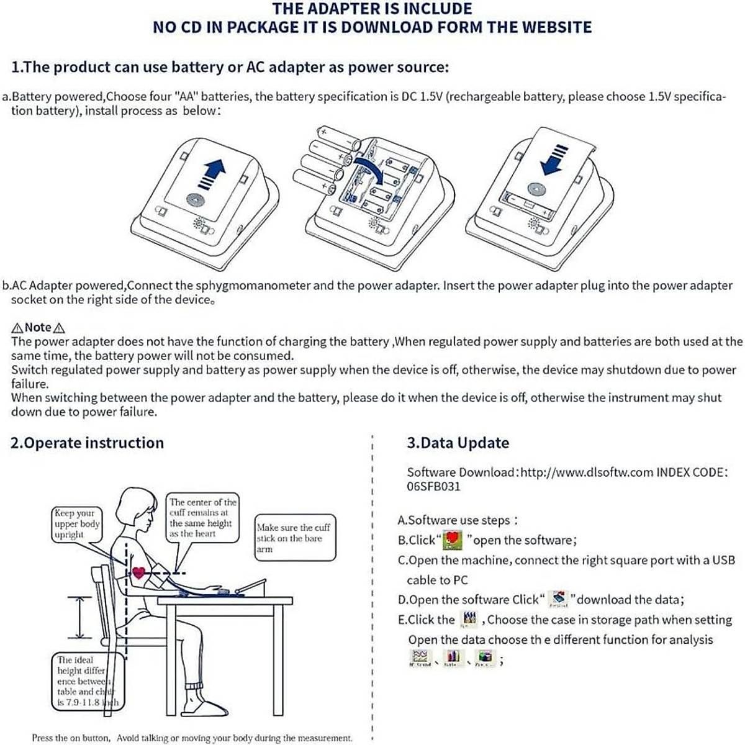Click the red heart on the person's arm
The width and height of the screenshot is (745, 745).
[x=139, y=572]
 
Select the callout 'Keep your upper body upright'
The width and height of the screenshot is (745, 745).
[x=76, y=524]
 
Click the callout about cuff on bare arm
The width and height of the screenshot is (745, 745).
[x=294, y=538]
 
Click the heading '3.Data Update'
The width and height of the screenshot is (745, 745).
[x=458, y=443]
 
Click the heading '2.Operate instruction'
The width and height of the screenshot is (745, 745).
[x=87, y=443]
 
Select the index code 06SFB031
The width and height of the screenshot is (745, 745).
[x=433, y=486]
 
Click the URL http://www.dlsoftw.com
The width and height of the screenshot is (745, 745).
[x=587, y=472]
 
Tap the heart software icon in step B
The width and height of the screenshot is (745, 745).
[x=453, y=540]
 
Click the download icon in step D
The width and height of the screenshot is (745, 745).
[x=559, y=599]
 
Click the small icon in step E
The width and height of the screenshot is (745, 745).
[x=470, y=619]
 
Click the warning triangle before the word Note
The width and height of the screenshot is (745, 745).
[x=17, y=328]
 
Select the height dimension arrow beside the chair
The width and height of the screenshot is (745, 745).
[x=79, y=617]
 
